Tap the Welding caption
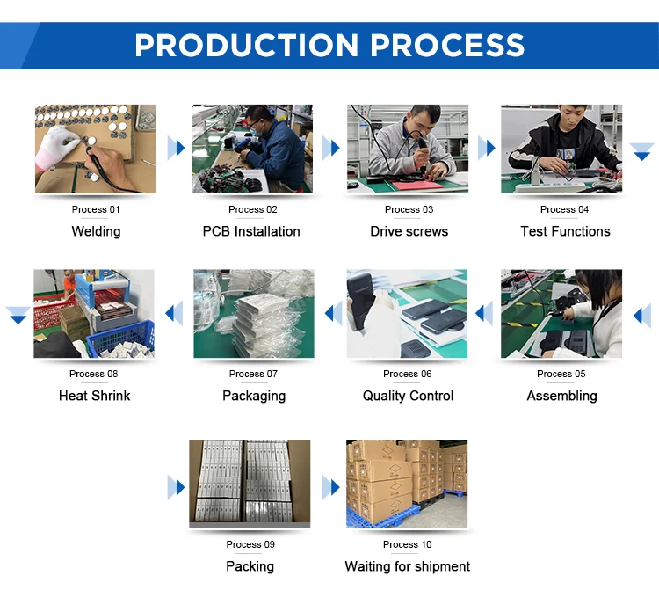click(96, 231)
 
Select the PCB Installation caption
click(251, 231)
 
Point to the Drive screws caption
click(409, 231)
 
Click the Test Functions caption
click(565, 231)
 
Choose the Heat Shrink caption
click(94, 396)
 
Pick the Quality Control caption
click(408, 396)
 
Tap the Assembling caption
click(561, 396)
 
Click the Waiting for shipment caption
click(407, 566)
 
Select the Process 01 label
click(96, 209)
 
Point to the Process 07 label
click(253, 374)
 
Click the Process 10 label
click(407, 544)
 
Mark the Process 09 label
click(250, 544)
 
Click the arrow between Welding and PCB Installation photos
click(176, 147)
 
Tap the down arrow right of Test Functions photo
click(641, 152)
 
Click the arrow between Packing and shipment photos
click(330, 486)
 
